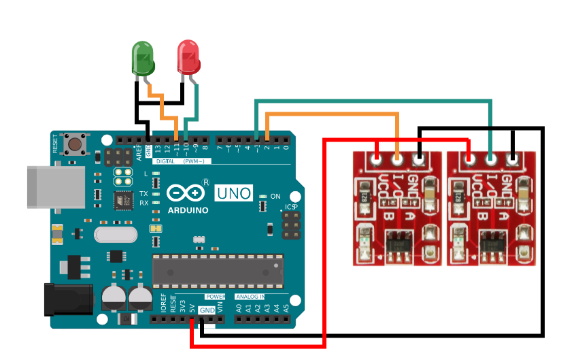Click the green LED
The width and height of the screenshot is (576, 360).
click(x=143, y=58)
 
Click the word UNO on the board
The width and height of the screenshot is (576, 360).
click(x=233, y=193)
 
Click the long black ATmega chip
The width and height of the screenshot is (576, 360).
click(x=217, y=271)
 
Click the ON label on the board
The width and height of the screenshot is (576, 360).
click(x=275, y=196)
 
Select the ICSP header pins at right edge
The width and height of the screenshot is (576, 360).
click(x=291, y=225)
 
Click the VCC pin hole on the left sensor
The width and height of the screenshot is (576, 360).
click(x=376, y=160)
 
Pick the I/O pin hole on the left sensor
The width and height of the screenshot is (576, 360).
click(x=398, y=160)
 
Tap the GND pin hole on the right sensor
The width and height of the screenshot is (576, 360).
click(x=513, y=160)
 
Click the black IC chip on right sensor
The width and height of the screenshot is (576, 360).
click(x=491, y=242)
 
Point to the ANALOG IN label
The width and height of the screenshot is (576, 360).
click(x=250, y=297)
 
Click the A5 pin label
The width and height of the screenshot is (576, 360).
click(x=286, y=308)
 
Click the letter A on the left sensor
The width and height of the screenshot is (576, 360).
click(x=409, y=216)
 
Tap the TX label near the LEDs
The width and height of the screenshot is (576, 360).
click(x=143, y=193)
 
